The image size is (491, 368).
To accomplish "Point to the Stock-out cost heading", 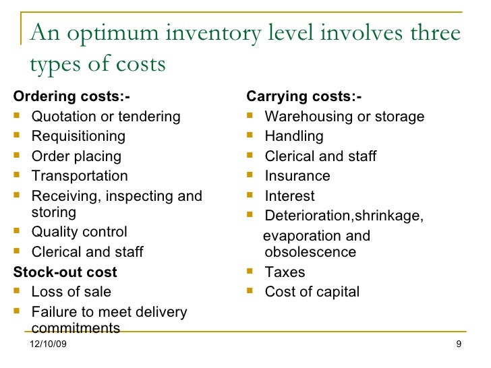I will (x=65, y=272).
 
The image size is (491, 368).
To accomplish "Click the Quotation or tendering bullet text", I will (x=106, y=117).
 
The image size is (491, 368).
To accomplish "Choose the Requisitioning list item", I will (x=78, y=136).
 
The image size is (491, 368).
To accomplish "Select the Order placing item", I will (x=76, y=156).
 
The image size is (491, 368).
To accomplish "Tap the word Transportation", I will (x=80, y=176).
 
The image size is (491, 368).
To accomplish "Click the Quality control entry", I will (x=79, y=232).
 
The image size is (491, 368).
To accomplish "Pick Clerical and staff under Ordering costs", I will (x=87, y=252).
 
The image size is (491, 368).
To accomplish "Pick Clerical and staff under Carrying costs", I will (x=320, y=156).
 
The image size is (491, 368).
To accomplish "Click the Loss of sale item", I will (x=71, y=292).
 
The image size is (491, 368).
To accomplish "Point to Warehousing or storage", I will (x=344, y=117).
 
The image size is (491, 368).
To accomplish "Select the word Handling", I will (x=294, y=136).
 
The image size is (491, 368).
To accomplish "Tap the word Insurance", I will (x=297, y=176).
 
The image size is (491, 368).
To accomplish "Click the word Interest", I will (x=289, y=196).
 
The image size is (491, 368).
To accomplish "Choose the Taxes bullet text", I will (x=285, y=272).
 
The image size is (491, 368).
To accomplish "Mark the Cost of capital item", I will (x=312, y=292).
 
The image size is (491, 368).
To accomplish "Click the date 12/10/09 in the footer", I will (x=49, y=346).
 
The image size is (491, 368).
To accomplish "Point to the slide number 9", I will (x=459, y=346).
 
